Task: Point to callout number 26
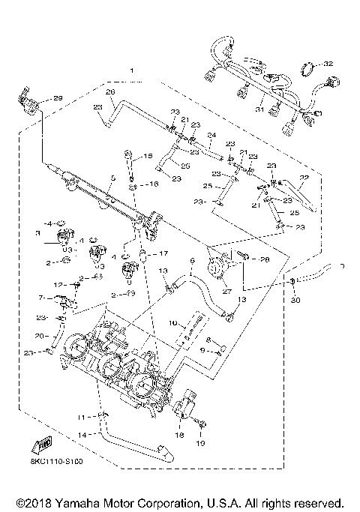click(109, 91)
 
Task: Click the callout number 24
click(212, 136)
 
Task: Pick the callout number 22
click(304, 178)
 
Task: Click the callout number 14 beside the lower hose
click(84, 433)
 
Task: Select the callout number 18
click(179, 434)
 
